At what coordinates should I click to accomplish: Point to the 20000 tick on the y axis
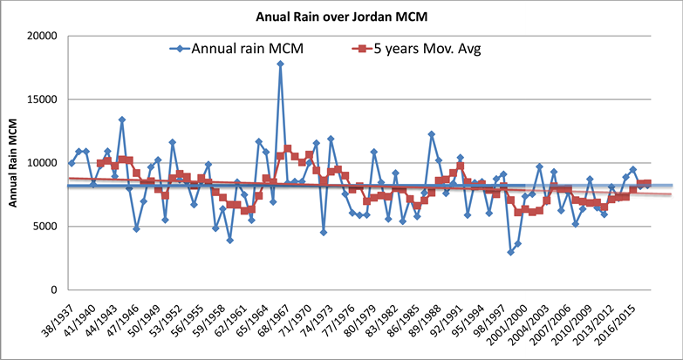41,36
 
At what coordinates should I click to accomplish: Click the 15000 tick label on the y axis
41,99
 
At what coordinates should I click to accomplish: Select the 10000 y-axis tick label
41,163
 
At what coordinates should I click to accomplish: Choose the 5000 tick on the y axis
44,227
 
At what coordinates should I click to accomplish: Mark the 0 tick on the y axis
54,290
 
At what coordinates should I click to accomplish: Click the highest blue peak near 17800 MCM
280,64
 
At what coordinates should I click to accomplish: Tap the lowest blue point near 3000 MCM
510,252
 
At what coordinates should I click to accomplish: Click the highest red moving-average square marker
288,149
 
